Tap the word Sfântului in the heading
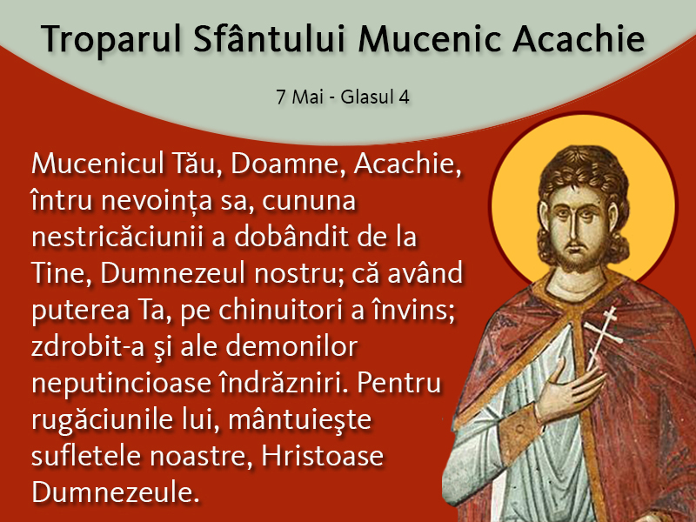pos(269,37)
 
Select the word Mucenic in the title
pos(430,39)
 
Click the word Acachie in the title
pos(579,38)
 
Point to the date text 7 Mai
pos(299,97)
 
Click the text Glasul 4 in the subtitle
pos(375,97)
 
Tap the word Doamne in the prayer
pos(288,164)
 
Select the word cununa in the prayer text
pos(309,202)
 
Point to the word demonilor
pos(291,346)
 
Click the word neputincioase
pos(121,385)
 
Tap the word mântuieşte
pos(299,420)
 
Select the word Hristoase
pos(322,456)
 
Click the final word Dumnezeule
pos(116,492)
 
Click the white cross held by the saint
pos(602,337)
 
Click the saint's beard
pos(576,259)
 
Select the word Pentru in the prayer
pos(398,383)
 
